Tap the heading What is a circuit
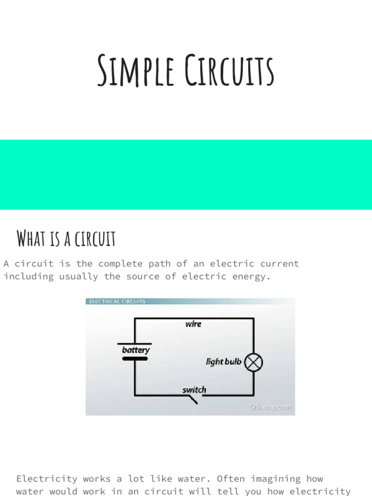(x=66, y=238)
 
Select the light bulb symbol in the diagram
(x=253, y=362)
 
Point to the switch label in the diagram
(x=194, y=389)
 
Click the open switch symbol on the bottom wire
(x=192, y=399)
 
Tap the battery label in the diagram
(x=136, y=350)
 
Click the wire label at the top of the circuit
(x=193, y=324)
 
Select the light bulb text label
(x=223, y=361)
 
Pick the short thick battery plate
(x=135, y=359)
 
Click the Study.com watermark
(x=270, y=407)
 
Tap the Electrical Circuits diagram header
(x=116, y=301)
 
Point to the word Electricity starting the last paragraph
(x=46, y=479)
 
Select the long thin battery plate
(x=135, y=343)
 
